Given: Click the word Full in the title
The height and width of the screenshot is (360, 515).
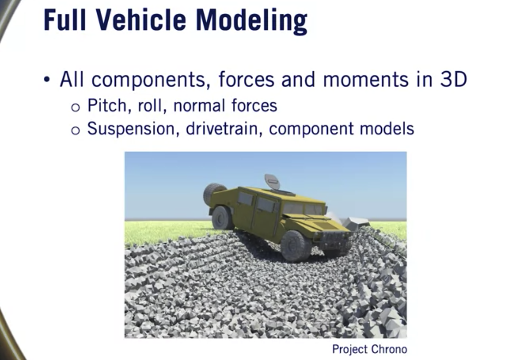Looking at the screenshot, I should click(x=65, y=20).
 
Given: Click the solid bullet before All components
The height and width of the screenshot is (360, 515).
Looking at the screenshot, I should click(x=47, y=79).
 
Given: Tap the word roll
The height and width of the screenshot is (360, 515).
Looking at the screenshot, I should click(x=152, y=106).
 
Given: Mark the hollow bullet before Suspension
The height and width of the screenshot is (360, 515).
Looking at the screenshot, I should click(x=75, y=130).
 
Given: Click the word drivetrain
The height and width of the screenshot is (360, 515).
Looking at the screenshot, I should click(x=224, y=128).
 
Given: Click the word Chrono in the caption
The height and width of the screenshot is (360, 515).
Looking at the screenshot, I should click(x=389, y=349).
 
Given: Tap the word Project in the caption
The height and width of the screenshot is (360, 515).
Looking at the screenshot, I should click(x=350, y=349).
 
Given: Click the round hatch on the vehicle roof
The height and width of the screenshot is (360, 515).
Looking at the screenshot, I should click(x=272, y=181).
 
